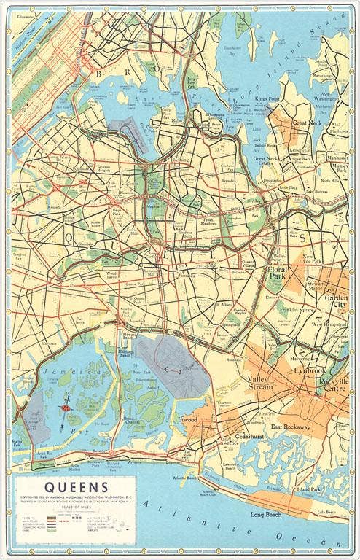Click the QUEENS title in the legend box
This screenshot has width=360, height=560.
77,486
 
